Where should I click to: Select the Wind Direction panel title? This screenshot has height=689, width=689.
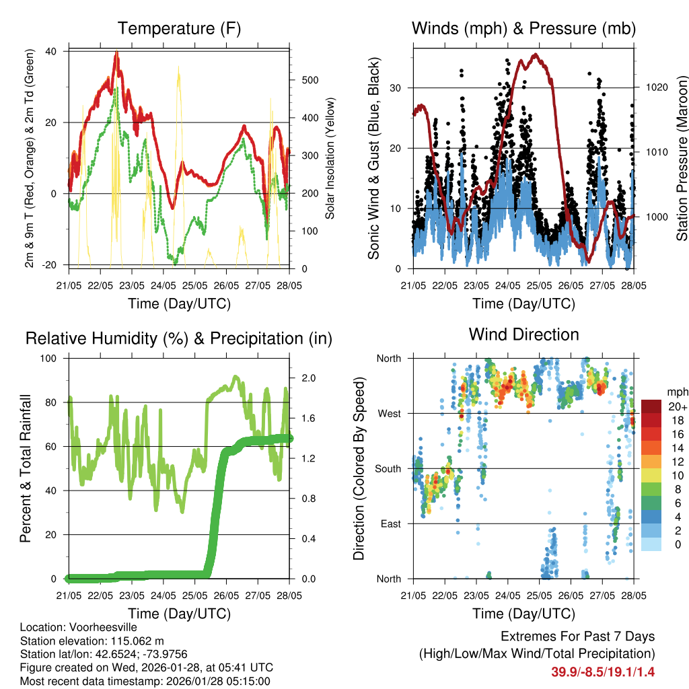[523, 334]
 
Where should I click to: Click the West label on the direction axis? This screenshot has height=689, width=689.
[388, 414]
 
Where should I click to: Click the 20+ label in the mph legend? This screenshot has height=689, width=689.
[676, 406]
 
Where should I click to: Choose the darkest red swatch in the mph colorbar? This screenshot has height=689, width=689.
[651, 406]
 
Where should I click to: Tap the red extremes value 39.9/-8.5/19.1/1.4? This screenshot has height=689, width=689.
[603, 672]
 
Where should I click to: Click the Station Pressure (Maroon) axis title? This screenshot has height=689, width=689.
[682, 158]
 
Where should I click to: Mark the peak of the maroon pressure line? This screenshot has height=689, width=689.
[536, 55]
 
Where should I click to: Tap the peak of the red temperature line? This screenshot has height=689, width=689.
[116, 53]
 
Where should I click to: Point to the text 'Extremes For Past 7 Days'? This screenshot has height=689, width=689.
[577, 637]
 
